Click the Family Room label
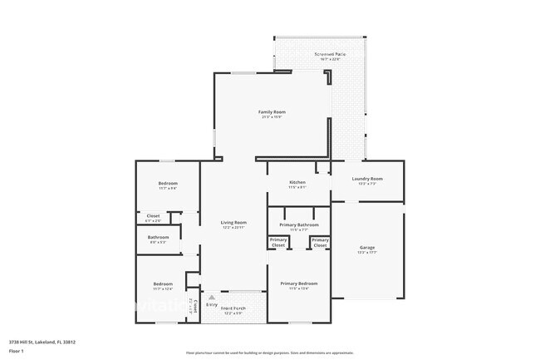272,111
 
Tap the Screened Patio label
331,54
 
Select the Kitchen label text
297,182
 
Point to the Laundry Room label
367,179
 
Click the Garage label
366,248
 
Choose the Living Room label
233,222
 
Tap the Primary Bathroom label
299,225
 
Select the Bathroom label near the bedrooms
159,237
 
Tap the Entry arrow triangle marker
212,296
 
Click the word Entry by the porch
212,305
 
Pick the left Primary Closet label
277,243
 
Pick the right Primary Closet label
320,243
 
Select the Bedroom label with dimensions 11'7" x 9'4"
168,185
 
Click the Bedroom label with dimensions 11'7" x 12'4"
163,287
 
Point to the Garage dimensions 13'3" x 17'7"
366,253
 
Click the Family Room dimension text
272,116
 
